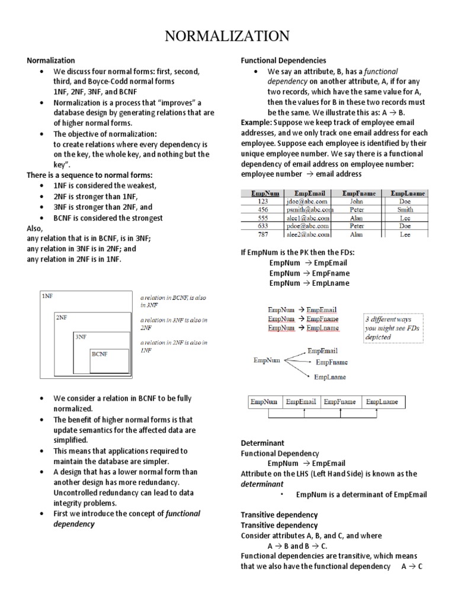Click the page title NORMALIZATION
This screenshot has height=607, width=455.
227,37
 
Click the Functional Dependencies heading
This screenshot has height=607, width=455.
283,60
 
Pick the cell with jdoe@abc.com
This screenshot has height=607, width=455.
306,202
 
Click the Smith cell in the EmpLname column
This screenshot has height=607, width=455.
405,210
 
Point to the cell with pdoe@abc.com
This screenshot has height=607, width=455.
306,226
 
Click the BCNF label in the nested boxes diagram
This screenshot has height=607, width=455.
100,354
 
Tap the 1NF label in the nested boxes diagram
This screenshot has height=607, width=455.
47,296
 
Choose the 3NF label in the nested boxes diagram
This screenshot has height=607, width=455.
81,336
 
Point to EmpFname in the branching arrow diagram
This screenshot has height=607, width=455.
332,362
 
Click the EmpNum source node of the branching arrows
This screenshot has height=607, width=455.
267,360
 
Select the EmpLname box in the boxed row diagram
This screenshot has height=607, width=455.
382,402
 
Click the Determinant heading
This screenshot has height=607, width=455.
262,443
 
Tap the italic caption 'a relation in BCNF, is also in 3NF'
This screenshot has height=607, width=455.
173,301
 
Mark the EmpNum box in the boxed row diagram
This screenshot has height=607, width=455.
264,402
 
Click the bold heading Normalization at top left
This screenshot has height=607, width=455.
51,60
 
